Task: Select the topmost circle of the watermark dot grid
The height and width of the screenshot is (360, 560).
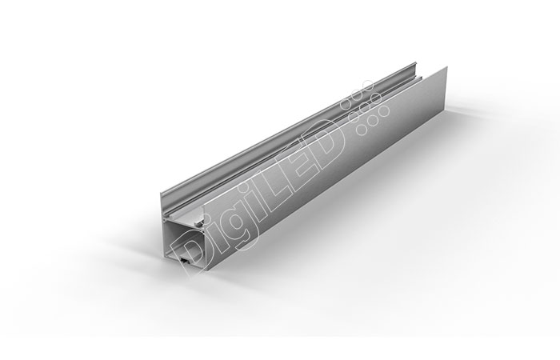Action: tap(367, 85)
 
